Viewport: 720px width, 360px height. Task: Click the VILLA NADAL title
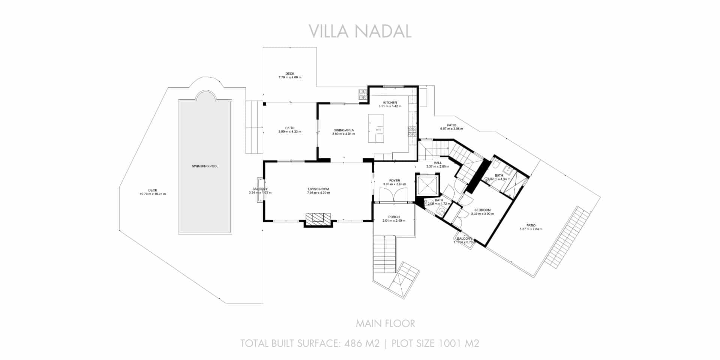360,31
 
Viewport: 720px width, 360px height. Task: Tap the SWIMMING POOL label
205,166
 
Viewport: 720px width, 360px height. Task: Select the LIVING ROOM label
318,189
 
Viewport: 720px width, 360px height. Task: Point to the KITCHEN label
390,103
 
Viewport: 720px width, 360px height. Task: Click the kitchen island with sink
376,129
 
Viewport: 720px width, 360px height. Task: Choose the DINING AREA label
343,130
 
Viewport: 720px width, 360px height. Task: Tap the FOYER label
394,181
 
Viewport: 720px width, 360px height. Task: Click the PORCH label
394,217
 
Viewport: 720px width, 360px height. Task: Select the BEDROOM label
482,210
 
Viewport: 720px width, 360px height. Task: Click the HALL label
438,163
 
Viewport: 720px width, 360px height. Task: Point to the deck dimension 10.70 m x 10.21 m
153,194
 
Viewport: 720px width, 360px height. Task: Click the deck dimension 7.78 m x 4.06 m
289,78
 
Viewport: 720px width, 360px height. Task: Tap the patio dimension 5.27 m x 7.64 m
531,229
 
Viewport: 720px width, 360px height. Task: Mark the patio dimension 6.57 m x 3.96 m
451,129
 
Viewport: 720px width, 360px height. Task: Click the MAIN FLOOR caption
385,324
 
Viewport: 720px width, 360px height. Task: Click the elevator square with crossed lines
427,185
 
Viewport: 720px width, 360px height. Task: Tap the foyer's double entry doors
393,195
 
